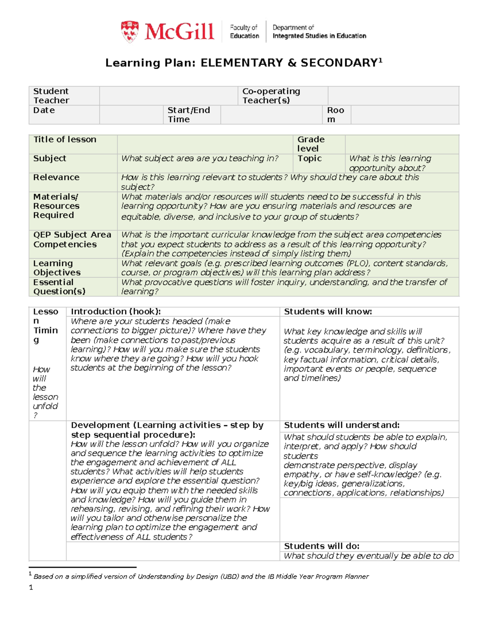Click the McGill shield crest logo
click(x=129, y=32)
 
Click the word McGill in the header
click(x=179, y=32)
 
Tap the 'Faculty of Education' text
click(x=244, y=32)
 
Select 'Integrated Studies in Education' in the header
click(x=319, y=36)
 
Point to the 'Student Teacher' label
click(x=51, y=96)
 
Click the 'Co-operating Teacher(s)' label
click(x=271, y=96)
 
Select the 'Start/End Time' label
click(x=189, y=115)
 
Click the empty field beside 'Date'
click(x=131, y=115)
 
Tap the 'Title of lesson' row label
click(x=65, y=139)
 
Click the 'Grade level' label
click(x=311, y=144)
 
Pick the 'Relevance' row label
click(x=56, y=178)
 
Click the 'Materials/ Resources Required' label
click(x=56, y=206)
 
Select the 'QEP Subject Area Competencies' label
click(x=72, y=239)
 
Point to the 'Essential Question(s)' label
click(x=59, y=287)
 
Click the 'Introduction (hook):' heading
click(x=116, y=312)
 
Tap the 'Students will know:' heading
click(x=328, y=312)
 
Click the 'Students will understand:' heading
click(x=342, y=425)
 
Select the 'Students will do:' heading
click(x=321, y=546)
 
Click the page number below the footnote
click(x=31, y=587)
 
